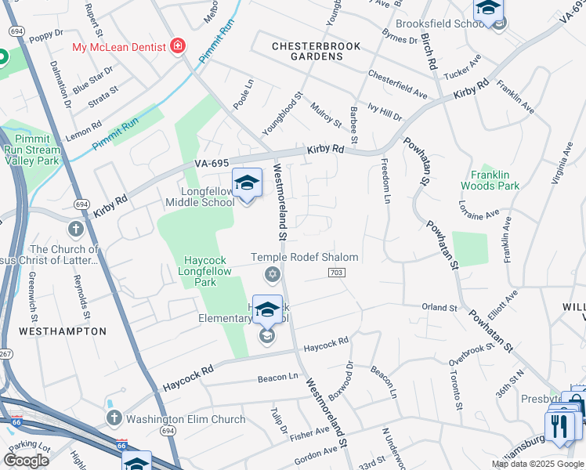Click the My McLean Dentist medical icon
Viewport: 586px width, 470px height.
click(x=179, y=47)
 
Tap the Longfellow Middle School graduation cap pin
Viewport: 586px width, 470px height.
click(x=247, y=184)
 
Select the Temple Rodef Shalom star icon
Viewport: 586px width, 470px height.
click(x=273, y=273)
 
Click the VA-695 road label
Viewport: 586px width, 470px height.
click(x=212, y=163)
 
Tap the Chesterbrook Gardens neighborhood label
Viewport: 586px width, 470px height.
click(x=316, y=52)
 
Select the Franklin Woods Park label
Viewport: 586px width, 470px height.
click(x=496, y=180)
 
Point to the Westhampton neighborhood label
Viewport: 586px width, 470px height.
click(x=62, y=331)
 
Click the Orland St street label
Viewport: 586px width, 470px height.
click(x=439, y=308)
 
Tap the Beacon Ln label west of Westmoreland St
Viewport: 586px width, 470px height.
click(x=278, y=378)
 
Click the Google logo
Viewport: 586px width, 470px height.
click(x=26, y=461)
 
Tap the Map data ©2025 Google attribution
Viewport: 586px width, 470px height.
click(x=537, y=464)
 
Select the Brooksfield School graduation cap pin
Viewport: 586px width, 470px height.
click(x=488, y=10)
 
